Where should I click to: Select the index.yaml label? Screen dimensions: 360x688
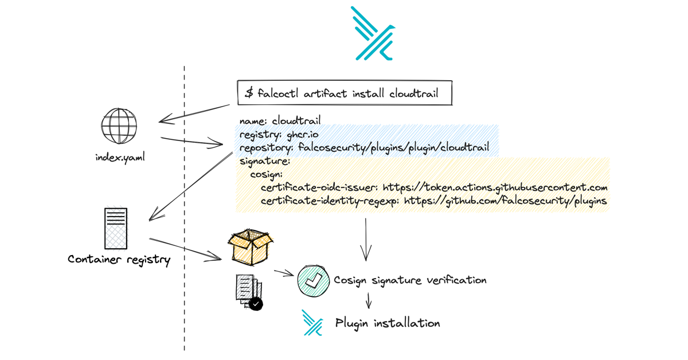120,157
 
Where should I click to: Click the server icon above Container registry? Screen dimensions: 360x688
115,228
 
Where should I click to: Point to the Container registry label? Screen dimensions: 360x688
119,259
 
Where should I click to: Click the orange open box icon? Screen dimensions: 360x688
251,247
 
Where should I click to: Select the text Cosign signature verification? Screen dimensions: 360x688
410,280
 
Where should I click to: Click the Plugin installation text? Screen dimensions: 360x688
388,323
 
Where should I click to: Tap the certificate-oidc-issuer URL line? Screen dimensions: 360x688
433,187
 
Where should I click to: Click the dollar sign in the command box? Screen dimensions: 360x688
249,93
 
